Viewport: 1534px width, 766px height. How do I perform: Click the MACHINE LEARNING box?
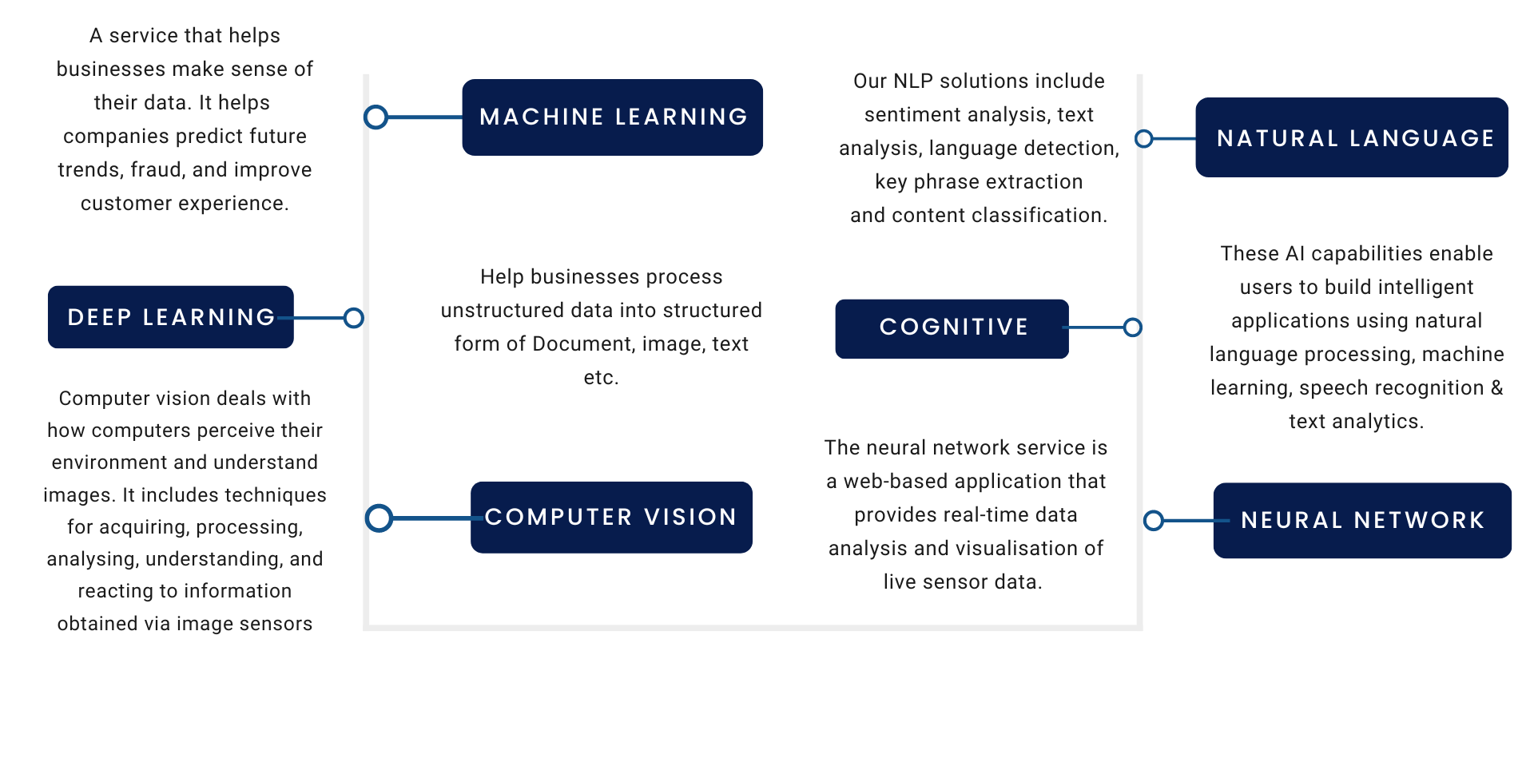[612, 117]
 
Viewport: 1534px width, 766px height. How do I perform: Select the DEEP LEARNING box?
[170, 317]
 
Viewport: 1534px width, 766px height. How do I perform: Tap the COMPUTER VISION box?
[611, 517]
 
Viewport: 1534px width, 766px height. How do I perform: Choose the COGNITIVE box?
[952, 328]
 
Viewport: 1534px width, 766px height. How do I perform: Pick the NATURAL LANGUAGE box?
[1351, 137]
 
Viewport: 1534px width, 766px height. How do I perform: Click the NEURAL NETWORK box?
[1361, 520]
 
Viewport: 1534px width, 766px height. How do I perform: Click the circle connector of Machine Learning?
[376, 117]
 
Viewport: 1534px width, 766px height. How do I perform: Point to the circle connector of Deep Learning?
[354, 318]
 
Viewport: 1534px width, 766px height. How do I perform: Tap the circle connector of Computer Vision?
[380, 518]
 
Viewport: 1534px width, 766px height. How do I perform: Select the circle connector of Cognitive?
[1132, 327]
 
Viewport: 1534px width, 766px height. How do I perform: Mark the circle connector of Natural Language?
[1144, 139]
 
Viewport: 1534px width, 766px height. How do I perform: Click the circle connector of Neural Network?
[1154, 521]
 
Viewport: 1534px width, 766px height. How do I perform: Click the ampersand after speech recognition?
[1496, 388]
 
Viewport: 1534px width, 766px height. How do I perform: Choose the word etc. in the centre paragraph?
[601, 378]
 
